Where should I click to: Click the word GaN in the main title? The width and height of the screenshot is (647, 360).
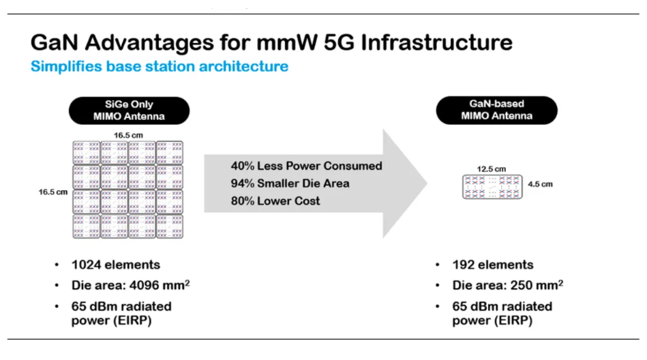click(54, 42)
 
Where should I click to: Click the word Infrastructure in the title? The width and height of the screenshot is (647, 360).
click(436, 42)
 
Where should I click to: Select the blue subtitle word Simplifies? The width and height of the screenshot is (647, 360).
click(66, 66)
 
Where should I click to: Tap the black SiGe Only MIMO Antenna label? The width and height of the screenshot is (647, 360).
click(129, 110)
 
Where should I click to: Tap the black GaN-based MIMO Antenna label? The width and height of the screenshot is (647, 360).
click(497, 110)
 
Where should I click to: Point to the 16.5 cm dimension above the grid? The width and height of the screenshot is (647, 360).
click(128, 135)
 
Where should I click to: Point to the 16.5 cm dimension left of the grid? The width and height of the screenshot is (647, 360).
click(52, 192)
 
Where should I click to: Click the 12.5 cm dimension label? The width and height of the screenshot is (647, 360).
click(491, 169)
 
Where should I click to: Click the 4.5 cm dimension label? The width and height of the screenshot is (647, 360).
click(540, 184)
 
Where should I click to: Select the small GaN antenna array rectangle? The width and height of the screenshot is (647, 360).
click(492, 187)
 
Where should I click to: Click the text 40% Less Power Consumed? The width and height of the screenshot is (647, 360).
click(307, 166)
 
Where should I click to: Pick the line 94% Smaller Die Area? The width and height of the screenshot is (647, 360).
click(290, 183)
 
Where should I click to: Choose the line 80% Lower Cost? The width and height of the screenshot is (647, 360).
click(275, 201)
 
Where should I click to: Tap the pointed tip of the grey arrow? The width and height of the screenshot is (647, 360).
click(427, 183)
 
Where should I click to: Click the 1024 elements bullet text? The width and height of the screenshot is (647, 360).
click(115, 265)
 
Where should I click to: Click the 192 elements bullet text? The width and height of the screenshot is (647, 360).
click(493, 265)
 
